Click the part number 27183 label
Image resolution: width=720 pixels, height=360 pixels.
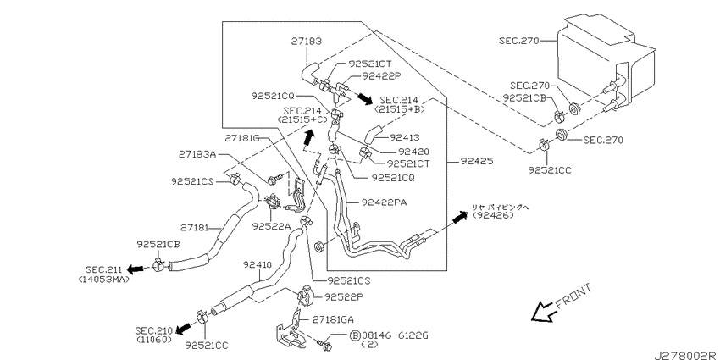[x=306, y=42]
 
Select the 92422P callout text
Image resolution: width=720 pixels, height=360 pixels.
[x=383, y=75]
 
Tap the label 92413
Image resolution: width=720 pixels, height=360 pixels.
[x=405, y=137]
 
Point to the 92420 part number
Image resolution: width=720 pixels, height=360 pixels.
[x=413, y=151]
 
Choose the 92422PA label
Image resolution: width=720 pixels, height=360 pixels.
[x=384, y=202]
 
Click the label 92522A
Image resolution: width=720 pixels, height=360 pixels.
[x=270, y=226]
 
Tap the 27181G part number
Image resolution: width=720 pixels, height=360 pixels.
[x=242, y=137]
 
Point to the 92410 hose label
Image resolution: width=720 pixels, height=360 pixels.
[x=258, y=264]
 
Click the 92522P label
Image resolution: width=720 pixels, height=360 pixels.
[x=344, y=297]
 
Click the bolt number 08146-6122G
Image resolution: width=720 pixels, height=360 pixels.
[x=395, y=335]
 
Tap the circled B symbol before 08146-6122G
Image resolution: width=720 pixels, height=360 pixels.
[x=355, y=335]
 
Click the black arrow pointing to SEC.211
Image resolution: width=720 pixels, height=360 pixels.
[x=136, y=269]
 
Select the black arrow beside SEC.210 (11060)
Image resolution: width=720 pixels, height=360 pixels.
[x=184, y=328]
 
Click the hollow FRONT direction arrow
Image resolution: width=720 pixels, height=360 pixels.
[x=543, y=312]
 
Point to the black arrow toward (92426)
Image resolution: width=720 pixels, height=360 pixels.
[x=460, y=218]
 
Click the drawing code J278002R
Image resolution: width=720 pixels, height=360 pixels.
[x=686, y=355]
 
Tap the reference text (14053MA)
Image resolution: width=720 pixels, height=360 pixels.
[x=104, y=279]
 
